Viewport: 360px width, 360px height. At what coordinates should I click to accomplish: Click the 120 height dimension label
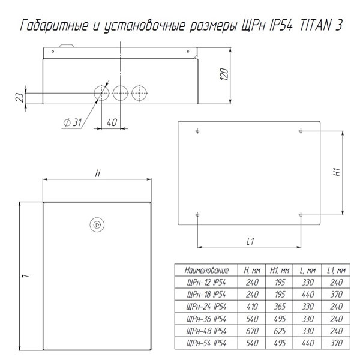coord(224,74)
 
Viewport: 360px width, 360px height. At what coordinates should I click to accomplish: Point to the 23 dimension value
coord(20,97)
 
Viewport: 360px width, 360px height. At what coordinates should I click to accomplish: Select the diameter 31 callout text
coord(73,123)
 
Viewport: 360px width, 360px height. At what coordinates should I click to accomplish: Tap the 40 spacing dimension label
coord(112,122)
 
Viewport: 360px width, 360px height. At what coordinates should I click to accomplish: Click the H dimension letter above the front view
coord(98,173)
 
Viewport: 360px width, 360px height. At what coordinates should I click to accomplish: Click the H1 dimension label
coord(337,172)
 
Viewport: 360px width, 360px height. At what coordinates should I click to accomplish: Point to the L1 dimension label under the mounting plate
coord(250,241)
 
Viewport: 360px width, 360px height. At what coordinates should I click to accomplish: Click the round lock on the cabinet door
coord(97,224)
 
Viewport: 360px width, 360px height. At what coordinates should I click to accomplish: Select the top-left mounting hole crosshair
coord(197,131)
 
